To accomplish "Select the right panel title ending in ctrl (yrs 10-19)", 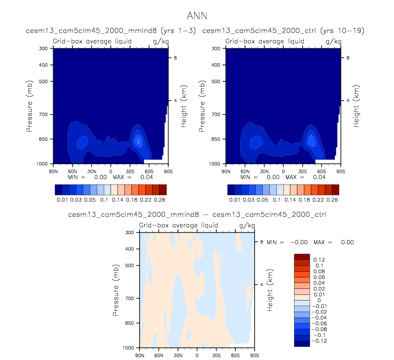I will click(283, 31).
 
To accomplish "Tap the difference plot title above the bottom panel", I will click(197, 215).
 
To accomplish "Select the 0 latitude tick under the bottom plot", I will click(197, 355).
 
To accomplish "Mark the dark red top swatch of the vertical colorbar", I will click(302, 256).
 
